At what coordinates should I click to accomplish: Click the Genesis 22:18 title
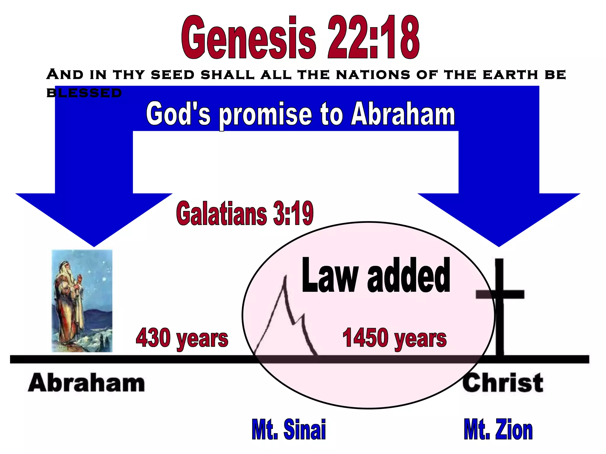[300, 38]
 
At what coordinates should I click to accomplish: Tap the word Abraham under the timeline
[86, 383]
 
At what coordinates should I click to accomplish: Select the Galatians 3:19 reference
[245, 213]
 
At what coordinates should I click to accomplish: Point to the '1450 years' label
[394, 338]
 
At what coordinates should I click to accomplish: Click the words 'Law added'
[376, 275]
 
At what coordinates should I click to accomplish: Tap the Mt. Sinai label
[289, 429]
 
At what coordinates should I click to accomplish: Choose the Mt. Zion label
[498, 429]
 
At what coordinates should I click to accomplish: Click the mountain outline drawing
[286, 319]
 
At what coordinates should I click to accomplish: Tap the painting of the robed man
[82, 301]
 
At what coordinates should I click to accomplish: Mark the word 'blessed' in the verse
[84, 93]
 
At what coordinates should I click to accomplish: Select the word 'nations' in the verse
[373, 74]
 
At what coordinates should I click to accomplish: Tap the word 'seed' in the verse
[173, 74]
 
